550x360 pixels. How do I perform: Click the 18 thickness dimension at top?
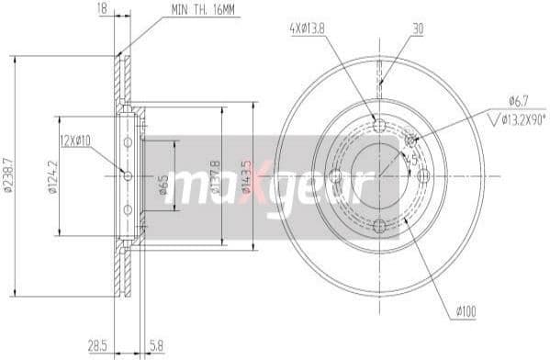[x=101, y=8]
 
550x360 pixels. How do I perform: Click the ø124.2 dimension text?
[x=51, y=176]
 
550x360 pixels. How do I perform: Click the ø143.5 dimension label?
[x=245, y=176]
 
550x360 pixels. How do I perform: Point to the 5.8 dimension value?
[x=158, y=344]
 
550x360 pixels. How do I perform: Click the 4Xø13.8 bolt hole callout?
[x=308, y=28]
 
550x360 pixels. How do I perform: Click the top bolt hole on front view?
[x=379, y=126]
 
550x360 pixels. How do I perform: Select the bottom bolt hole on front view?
[x=379, y=225]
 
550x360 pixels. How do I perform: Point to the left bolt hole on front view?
[x=335, y=175]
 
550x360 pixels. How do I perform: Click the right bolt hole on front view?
[x=423, y=175]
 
